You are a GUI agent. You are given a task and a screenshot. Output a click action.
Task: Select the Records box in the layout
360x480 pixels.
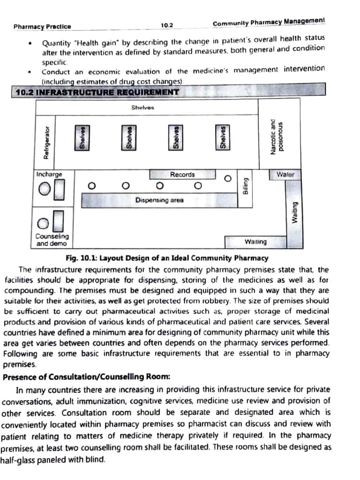click(182, 174)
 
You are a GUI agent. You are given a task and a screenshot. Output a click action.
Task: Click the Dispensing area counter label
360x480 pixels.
click(159, 200)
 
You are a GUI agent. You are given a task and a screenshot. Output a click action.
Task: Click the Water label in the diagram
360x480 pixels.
click(285, 174)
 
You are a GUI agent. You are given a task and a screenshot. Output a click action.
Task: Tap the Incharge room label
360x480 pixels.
click(49, 174)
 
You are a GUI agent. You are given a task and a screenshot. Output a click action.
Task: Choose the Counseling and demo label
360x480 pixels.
click(52, 240)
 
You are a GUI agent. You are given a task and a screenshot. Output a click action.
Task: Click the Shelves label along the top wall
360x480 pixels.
click(142, 107)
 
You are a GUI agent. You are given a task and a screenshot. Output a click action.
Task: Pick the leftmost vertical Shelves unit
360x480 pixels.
click(82, 138)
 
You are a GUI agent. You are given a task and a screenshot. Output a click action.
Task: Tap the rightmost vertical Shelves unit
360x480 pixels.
click(223, 138)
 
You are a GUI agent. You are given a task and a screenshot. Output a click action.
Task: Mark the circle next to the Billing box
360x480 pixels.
click(228, 178)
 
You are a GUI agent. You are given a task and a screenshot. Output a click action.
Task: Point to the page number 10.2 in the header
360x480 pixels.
click(167, 25)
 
